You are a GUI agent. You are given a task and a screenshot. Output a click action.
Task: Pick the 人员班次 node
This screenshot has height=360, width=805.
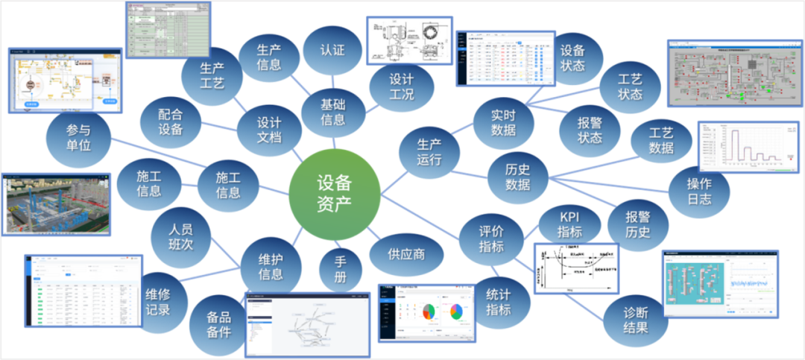[x=181, y=235]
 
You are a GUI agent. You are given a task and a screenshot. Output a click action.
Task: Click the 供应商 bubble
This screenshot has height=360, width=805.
[x=406, y=253]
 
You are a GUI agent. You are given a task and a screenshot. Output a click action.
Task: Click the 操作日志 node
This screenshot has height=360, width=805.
[x=699, y=191]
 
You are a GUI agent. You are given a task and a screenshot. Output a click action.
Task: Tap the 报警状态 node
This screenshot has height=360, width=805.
[x=590, y=130]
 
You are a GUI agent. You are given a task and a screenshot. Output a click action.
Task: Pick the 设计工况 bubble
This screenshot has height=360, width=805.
[x=401, y=86]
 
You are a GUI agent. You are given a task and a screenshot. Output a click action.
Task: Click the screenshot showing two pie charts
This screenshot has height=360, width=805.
[x=426, y=313]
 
